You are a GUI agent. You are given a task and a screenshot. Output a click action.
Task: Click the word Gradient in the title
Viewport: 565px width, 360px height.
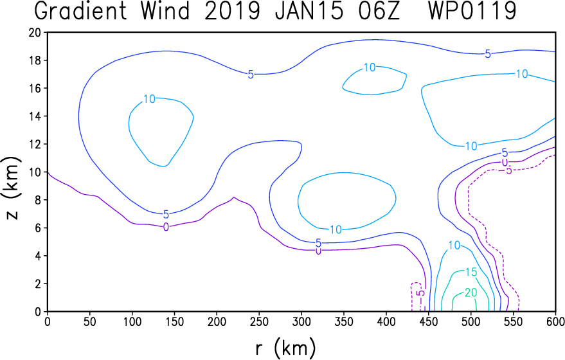click(81, 11)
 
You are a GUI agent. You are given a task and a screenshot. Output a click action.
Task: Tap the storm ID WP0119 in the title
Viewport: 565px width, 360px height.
click(472, 10)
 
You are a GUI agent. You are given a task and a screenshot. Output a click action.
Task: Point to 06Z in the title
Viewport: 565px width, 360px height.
click(379, 10)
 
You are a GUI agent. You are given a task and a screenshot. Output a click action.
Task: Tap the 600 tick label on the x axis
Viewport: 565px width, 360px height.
click(555, 321)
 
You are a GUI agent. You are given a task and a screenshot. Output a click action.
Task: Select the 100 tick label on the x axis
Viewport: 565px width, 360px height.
click(132, 321)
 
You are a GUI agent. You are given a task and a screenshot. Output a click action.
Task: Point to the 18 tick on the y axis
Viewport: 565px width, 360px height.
click(35, 60)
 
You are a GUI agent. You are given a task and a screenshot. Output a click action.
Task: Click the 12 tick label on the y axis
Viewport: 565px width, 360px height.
click(35, 144)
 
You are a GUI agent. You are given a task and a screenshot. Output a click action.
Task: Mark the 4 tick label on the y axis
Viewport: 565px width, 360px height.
click(38, 256)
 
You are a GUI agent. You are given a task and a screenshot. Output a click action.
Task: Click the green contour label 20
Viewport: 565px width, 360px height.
click(471, 292)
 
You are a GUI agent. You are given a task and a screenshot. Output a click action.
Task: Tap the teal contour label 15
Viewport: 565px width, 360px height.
click(471, 272)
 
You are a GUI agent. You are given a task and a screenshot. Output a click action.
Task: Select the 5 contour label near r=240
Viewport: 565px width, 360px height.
click(251, 75)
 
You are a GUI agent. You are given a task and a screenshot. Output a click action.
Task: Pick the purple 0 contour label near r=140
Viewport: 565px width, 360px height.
click(166, 227)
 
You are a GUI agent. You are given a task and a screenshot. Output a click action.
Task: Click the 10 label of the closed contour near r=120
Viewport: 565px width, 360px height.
click(149, 99)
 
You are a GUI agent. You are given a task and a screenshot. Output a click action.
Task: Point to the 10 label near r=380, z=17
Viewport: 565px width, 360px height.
click(370, 67)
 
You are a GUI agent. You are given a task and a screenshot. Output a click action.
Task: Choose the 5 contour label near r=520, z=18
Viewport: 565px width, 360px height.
click(488, 54)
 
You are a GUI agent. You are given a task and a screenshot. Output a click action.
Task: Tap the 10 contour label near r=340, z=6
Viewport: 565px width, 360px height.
click(336, 230)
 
